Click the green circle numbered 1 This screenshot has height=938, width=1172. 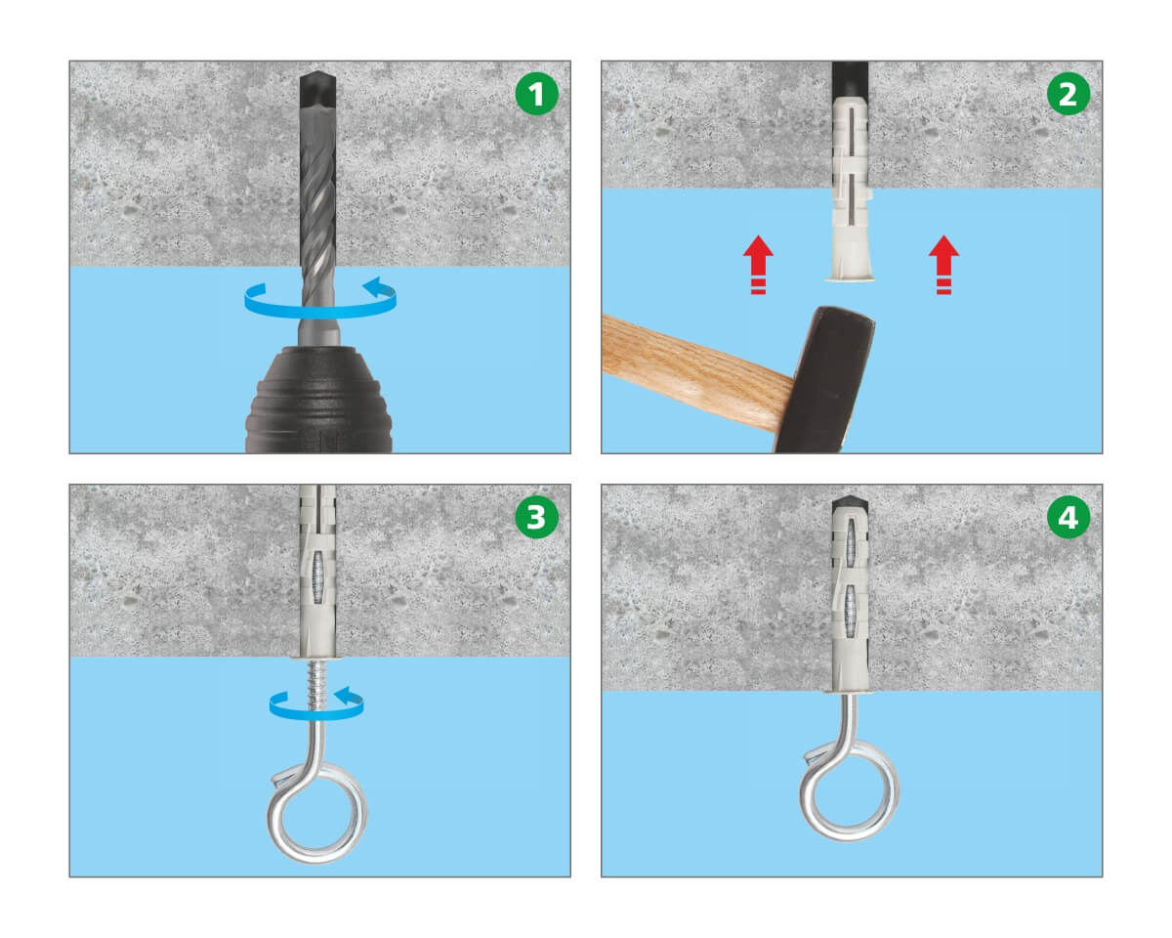click(x=536, y=94)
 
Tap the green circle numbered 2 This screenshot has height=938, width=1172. click(x=1067, y=94)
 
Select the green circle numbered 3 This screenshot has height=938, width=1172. click(x=536, y=517)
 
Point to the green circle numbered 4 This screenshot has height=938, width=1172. click(x=1067, y=517)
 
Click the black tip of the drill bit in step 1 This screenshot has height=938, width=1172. click(x=317, y=88)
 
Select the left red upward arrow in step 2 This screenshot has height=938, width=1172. click(x=758, y=265)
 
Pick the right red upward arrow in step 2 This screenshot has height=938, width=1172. click(x=943, y=265)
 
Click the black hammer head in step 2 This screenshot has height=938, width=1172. click(x=823, y=380)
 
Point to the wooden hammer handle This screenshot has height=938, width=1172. click(x=697, y=370)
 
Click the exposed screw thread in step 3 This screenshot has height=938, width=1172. click(x=316, y=684)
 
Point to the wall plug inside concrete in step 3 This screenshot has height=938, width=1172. click(x=317, y=573)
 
